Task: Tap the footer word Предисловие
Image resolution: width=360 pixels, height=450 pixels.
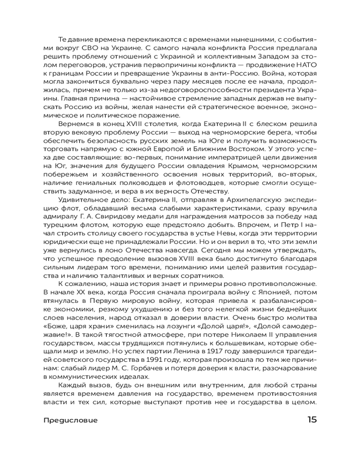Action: point(71,420)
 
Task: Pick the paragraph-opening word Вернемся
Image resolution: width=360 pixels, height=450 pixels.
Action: point(75,124)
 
